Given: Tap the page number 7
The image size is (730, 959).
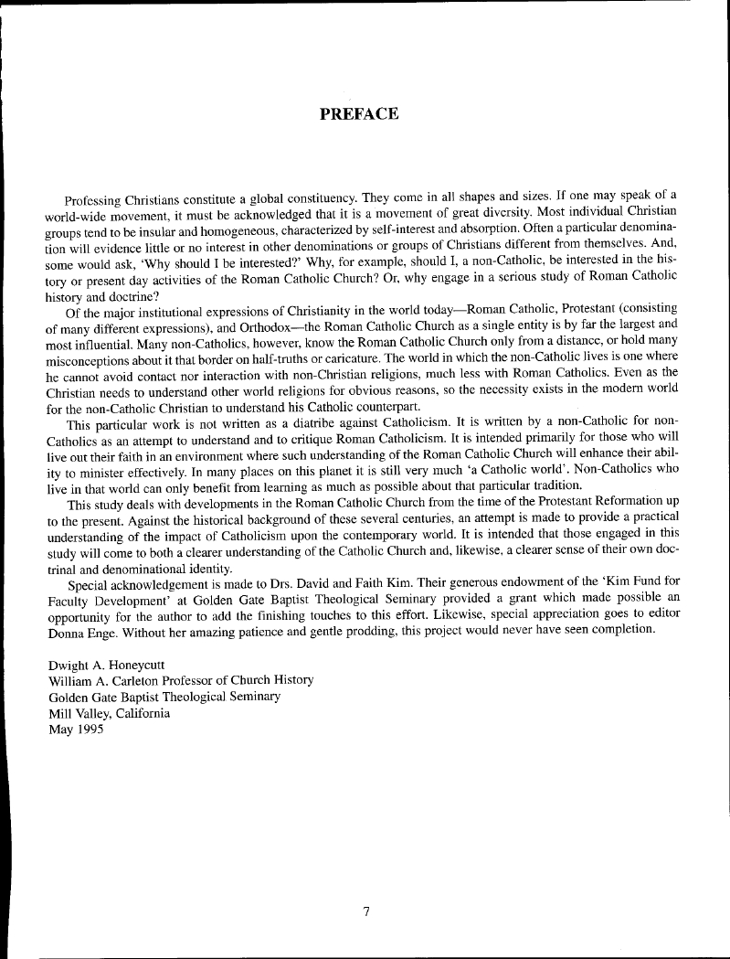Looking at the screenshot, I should click(365, 910).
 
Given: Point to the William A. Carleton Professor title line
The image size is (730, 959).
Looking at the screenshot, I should click(181, 680).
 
